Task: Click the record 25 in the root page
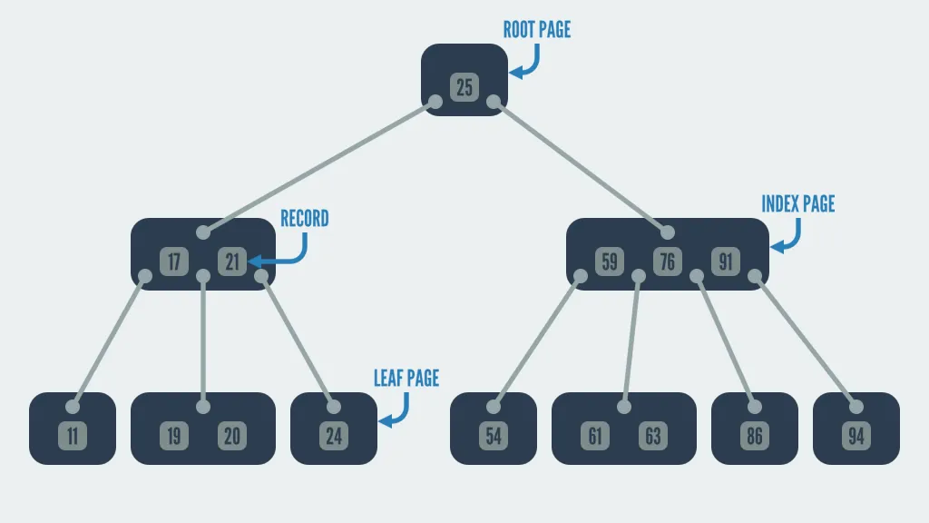(464, 87)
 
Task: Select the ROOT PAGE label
(537, 30)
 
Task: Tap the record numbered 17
(174, 261)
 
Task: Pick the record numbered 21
(232, 261)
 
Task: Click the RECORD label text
(304, 219)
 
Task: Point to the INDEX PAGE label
(797, 203)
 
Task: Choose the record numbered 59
(610, 261)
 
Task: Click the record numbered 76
(668, 261)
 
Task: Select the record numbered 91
(726, 261)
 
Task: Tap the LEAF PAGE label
(406, 378)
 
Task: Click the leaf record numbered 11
(73, 436)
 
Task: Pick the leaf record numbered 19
(174, 436)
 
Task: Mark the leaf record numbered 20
(232, 436)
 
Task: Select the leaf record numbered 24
(334, 436)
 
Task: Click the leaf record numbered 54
(494, 436)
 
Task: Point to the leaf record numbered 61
(595, 436)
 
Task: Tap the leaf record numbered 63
(653, 436)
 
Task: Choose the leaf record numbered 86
(755, 436)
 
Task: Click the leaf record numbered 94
(856, 436)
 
